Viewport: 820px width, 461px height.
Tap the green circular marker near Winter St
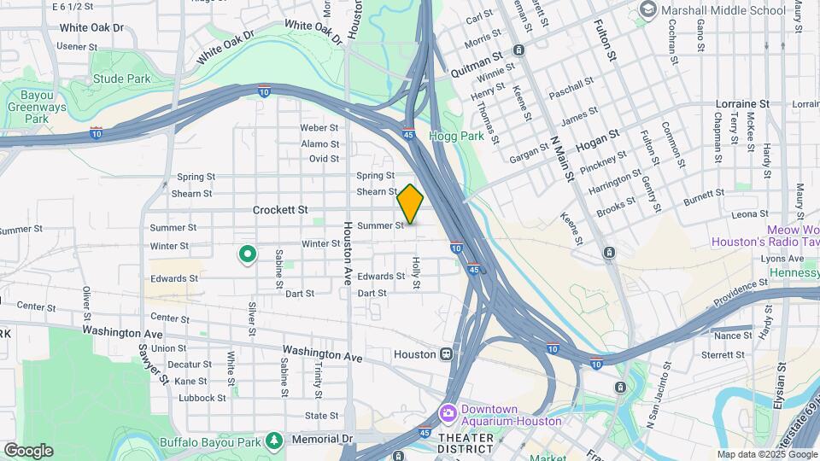(248, 254)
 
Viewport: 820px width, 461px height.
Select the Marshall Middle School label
(721, 10)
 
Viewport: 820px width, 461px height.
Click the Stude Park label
(121, 79)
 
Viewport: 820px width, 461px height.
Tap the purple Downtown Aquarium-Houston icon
(448, 413)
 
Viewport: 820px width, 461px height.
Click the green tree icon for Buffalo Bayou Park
(274, 440)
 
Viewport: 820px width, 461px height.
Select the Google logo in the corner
(28, 450)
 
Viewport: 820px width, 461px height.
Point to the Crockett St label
(279, 209)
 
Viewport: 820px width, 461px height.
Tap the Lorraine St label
(742, 103)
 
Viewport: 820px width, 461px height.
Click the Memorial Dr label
(321, 439)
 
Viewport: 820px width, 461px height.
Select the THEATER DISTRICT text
(466, 438)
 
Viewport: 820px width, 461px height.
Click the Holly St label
(418, 272)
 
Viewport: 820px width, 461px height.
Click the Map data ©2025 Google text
(766, 454)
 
